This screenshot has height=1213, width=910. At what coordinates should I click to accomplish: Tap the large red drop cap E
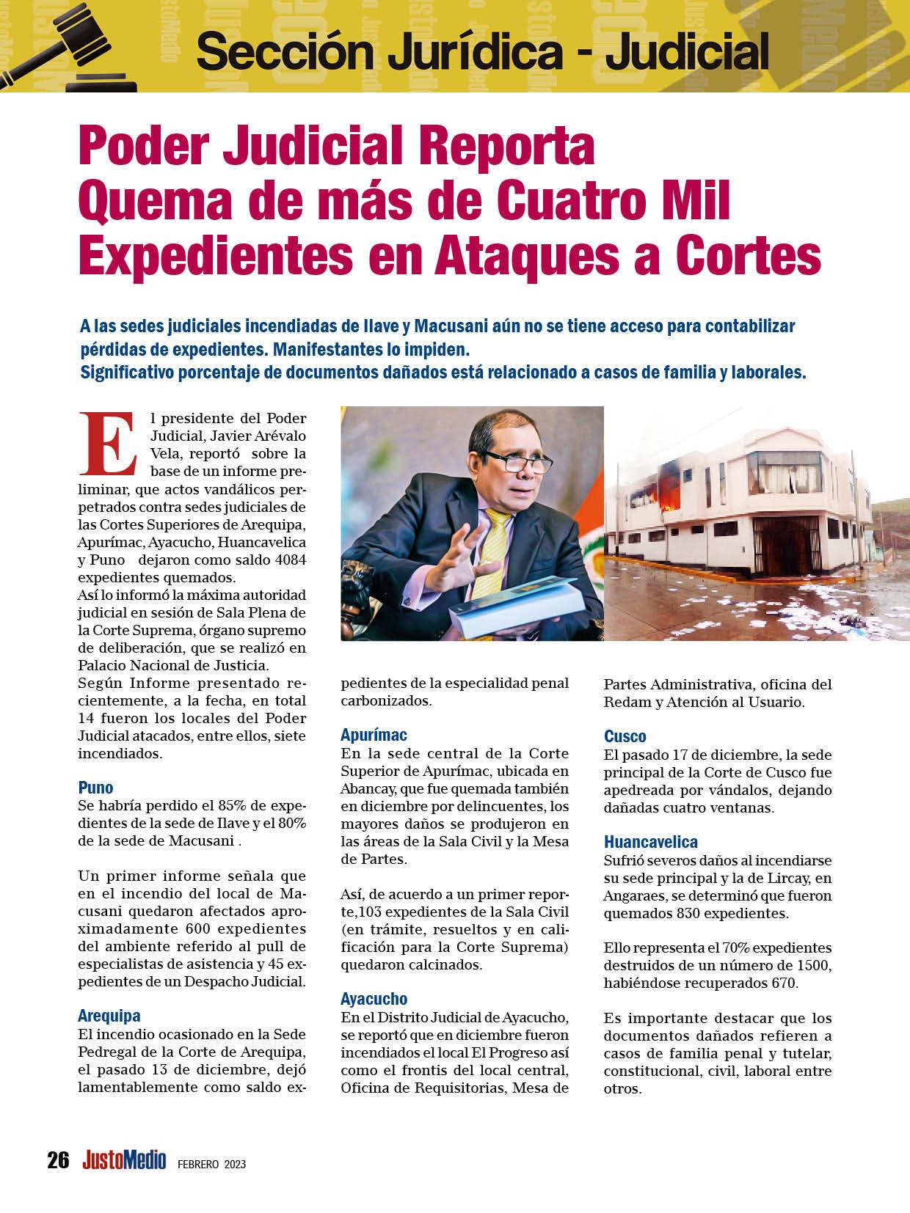pyautogui.click(x=108, y=443)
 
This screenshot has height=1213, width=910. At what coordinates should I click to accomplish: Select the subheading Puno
pyautogui.click(x=95, y=788)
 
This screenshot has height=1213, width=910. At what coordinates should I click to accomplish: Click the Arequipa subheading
pyautogui.click(x=109, y=1016)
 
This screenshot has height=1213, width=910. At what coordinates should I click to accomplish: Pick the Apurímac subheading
pyautogui.click(x=374, y=735)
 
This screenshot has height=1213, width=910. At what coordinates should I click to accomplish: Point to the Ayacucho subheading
pyautogui.click(x=374, y=999)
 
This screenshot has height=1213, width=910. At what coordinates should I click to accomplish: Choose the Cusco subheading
pyautogui.click(x=625, y=736)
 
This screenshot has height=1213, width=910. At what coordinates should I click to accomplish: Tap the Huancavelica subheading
pyautogui.click(x=650, y=842)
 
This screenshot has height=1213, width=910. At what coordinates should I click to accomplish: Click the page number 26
pyautogui.click(x=58, y=1160)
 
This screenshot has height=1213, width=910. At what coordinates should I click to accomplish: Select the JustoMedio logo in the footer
pyautogui.click(x=124, y=1160)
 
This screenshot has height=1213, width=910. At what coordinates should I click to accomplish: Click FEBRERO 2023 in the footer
pyautogui.click(x=211, y=1164)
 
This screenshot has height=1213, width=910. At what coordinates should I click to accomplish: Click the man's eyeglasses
pyautogui.click(x=506, y=463)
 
